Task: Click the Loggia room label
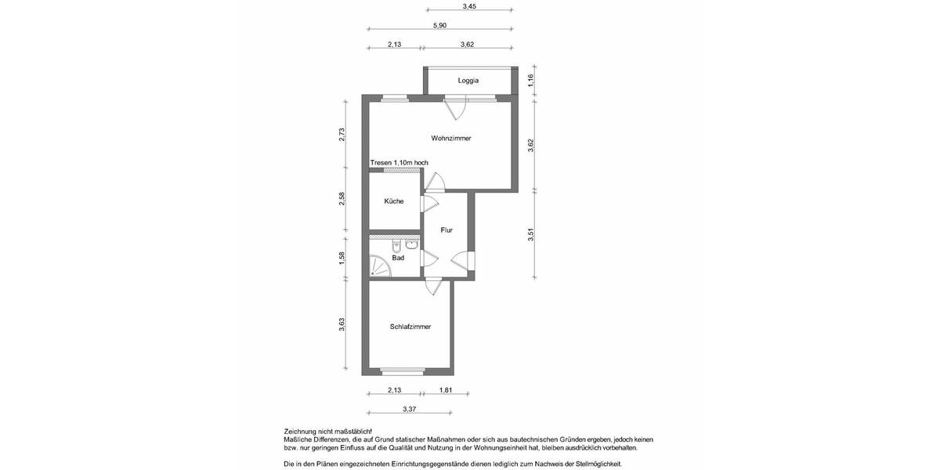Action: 468,81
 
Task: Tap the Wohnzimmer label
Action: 451,139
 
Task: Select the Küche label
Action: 394,201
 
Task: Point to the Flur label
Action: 446,230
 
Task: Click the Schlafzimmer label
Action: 410,327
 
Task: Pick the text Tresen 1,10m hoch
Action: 399,163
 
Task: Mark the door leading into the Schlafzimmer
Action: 432,287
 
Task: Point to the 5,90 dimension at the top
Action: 440,26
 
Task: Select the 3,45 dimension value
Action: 469,6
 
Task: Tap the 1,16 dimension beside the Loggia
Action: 530,79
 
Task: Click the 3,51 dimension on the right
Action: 530,233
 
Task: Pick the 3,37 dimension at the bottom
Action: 409,409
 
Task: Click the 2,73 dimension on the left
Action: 342,134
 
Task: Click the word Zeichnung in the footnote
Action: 302,432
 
